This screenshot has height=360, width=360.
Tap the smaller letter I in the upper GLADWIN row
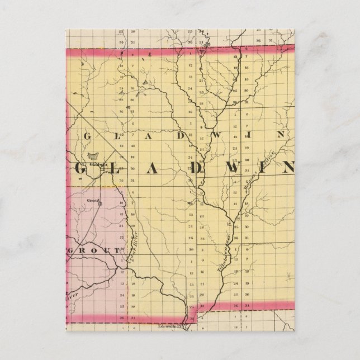click(261, 135)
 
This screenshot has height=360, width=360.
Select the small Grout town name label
click(93, 198)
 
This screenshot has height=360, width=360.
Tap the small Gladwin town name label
click(97, 164)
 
